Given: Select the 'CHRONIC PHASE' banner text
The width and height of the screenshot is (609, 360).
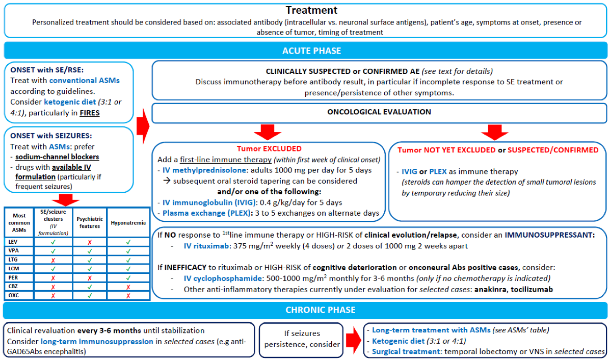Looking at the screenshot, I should [x=305, y=310].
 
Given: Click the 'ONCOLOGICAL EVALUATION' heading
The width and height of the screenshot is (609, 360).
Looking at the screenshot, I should [x=380, y=112].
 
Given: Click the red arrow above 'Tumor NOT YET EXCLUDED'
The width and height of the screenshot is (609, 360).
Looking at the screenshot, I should [x=495, y=133].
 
